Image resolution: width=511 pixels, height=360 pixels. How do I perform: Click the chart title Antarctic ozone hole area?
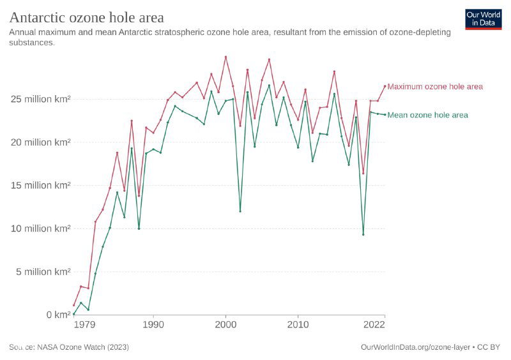86,17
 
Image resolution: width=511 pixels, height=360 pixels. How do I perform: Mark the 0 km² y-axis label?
53,315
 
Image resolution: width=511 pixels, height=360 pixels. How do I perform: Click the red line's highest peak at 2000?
225,57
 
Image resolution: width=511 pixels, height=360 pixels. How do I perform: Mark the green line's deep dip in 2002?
240,211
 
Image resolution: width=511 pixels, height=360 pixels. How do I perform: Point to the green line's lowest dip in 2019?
363,234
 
